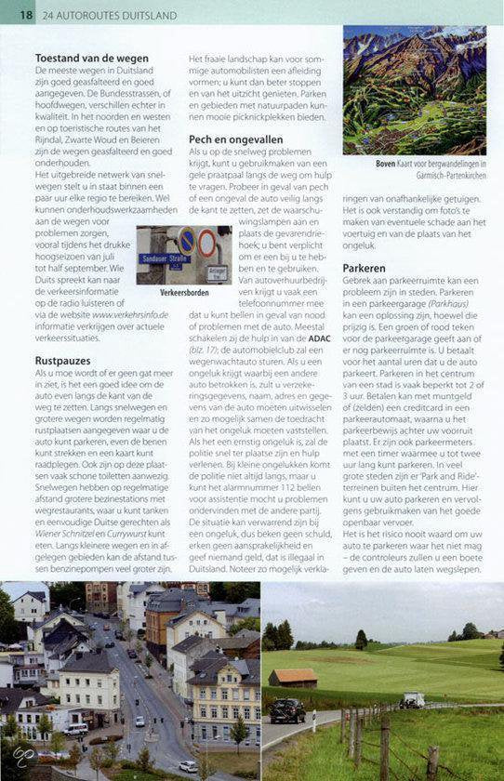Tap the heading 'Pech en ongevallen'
[x=235, y=139]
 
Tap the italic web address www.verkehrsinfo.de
[x=130, y=314]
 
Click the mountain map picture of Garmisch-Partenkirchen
[x=414, y=89]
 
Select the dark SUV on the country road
[x=287, y=710]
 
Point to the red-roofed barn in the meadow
[x=295, y=677]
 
